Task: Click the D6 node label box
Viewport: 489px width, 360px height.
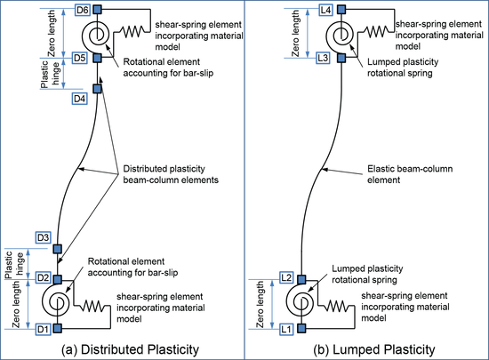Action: click(x=83, y=10)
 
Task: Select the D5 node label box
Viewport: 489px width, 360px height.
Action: click(x=79, y=58)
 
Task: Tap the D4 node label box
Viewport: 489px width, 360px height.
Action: click(x=79, y=99)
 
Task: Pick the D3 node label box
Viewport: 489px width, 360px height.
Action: click(x=43, y=238)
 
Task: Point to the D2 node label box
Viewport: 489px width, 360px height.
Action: click(x=43, y=277)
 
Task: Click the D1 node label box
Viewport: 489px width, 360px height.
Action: click(x=43, y=329)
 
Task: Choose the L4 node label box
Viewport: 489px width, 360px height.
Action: click(x=325, y=10)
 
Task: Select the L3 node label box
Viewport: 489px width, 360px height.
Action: click(x=323, y=58)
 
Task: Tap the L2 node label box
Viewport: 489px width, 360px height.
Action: click(x=286, y=277)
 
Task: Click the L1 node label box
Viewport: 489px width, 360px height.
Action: click(x=286, y=329)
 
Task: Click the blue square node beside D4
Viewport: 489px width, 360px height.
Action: click(x=97, y=89)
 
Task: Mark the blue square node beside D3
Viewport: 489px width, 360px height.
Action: click(x=58, y=249)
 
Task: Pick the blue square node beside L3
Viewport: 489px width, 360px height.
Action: click(x=341, y=58)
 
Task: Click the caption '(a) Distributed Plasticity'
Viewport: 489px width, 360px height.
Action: click(x=131, y=349)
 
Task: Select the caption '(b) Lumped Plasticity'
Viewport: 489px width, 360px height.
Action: click(x=374, y=349)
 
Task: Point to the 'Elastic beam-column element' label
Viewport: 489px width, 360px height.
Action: click(x=410, y=174)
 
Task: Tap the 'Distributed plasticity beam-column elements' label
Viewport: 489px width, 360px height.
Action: click(x=171, y=174)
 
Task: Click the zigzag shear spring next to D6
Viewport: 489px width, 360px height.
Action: click(x=132, y=31)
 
